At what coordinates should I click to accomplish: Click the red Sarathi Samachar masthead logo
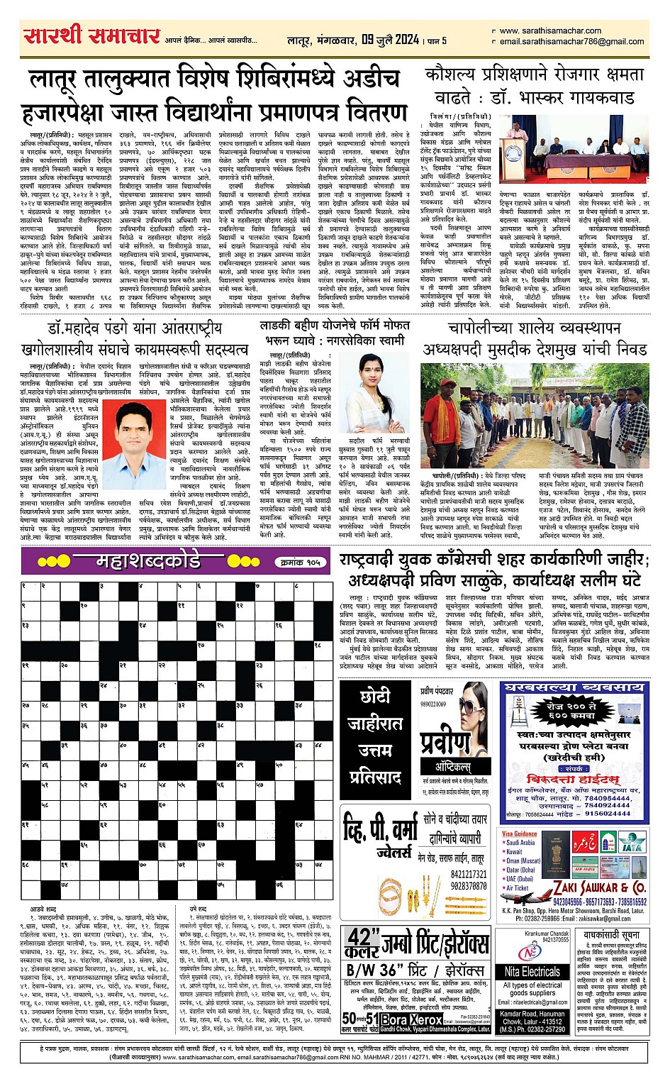point(91,35)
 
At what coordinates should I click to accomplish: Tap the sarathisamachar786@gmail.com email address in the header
point(571,42)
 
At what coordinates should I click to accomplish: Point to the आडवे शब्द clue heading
point(43,909)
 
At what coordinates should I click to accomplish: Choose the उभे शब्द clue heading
point(198,909)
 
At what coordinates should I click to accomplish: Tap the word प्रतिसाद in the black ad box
point(375,777)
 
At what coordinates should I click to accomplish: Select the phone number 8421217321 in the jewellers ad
point(469,875)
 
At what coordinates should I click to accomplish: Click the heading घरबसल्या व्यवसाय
point(572,688)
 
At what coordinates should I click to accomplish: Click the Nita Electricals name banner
point(532,971)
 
